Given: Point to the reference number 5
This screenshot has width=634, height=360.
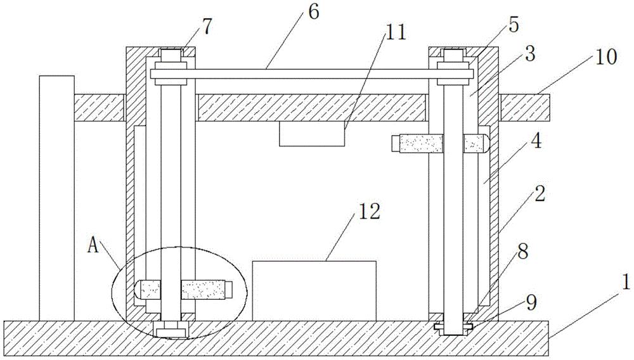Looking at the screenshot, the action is pyautogui.click(x=514, y=26).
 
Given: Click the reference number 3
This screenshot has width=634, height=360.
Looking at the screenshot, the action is pyautogui.click(x=530, y=55).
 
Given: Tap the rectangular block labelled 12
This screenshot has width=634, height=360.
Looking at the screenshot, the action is pyautogui.click(x=314, y=290).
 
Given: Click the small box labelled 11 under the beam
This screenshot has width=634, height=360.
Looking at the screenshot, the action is pyautogui.click(x=312, y=134).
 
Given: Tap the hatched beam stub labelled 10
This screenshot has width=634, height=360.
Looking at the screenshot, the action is pyautogui.click(x=524, y=107).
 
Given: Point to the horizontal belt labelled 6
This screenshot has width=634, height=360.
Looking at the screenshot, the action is pyautogui.click(x=311, y=74).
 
